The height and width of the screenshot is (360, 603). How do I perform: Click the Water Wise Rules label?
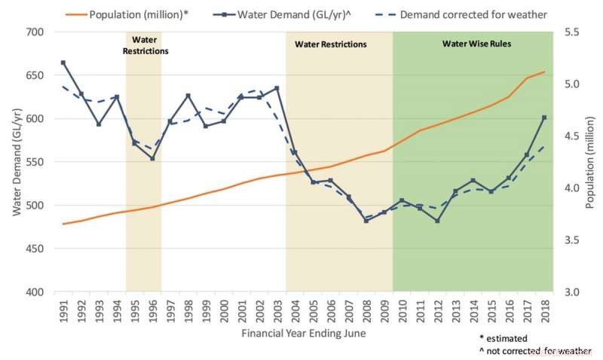476,44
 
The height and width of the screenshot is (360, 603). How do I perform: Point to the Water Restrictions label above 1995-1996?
143,45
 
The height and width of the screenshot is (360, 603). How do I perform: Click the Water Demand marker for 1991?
63,63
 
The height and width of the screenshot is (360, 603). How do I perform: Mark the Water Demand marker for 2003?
277,88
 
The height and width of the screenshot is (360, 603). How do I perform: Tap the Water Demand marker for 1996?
152,158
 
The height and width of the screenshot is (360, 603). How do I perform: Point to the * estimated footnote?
504,338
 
